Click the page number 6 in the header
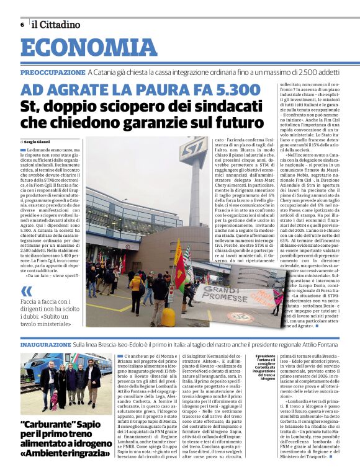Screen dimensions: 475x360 tap(22, 25)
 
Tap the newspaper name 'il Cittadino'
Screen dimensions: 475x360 tap(56, 25)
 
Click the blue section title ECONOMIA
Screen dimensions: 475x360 tap(89, 48)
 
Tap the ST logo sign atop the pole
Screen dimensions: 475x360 tap(193, 152)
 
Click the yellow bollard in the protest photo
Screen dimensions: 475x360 tap(168, 317)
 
